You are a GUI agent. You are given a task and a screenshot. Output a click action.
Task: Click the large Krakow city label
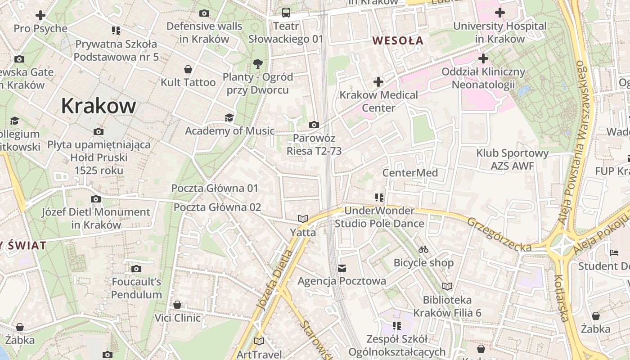pyautogui.click(x=98, y=106)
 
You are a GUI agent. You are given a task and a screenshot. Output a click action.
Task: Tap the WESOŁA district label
pyautogui.click(x=398, y=40)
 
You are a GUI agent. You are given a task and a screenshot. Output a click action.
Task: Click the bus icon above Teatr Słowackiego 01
pyautogui.click(x=286, y=13)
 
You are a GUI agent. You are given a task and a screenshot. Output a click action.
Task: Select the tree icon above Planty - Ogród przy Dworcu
pyautogui.click(x=258, y=63)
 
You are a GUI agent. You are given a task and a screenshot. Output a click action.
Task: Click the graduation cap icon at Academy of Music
pyautogui.click(x=229, y=118)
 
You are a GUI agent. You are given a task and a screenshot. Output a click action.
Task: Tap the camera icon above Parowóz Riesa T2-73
pyautogui.click(x=314, y=125)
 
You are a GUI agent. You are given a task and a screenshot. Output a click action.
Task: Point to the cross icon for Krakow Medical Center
pyautogui.click(x=378, y=82)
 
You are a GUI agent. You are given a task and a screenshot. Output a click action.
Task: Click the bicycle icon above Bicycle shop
pyautogui.click(x=423, y=249)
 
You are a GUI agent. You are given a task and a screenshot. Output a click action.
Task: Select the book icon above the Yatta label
pyautogui.click(x=303, y=219)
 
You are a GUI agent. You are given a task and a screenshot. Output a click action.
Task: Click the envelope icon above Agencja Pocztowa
pyautogui.click(x=342, y=268)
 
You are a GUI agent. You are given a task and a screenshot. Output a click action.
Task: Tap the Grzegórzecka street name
pyautogui.click(x=499, y=234)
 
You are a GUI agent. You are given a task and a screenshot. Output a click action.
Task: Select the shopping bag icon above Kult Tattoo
pyautogui.click(x=188, y=69)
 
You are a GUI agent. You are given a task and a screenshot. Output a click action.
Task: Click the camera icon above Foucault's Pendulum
pyautogui.click(x=136, y=269)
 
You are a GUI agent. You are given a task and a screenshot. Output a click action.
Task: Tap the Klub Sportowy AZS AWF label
pyautogui.click(x=513, y=159)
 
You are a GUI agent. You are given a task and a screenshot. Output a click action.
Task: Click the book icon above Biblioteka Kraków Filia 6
pyautogui.click(x=447, y=287)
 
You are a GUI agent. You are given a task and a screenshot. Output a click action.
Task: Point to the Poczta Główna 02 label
pyautogui.click(x=217, y=207)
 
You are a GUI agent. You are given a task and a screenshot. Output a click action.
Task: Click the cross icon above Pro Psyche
pyautogui.click(x=40, y=15)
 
